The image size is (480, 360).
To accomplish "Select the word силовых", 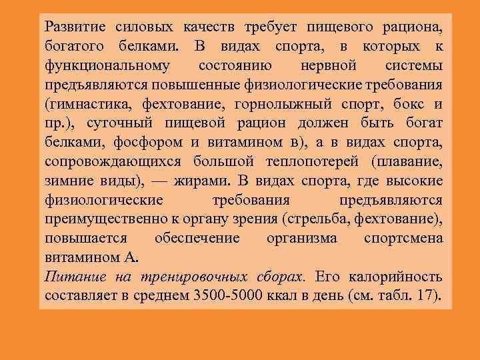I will pyautogui.click(x=138, y=28).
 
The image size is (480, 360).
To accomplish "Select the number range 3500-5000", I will pyautogui.click(x=241, y=296).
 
